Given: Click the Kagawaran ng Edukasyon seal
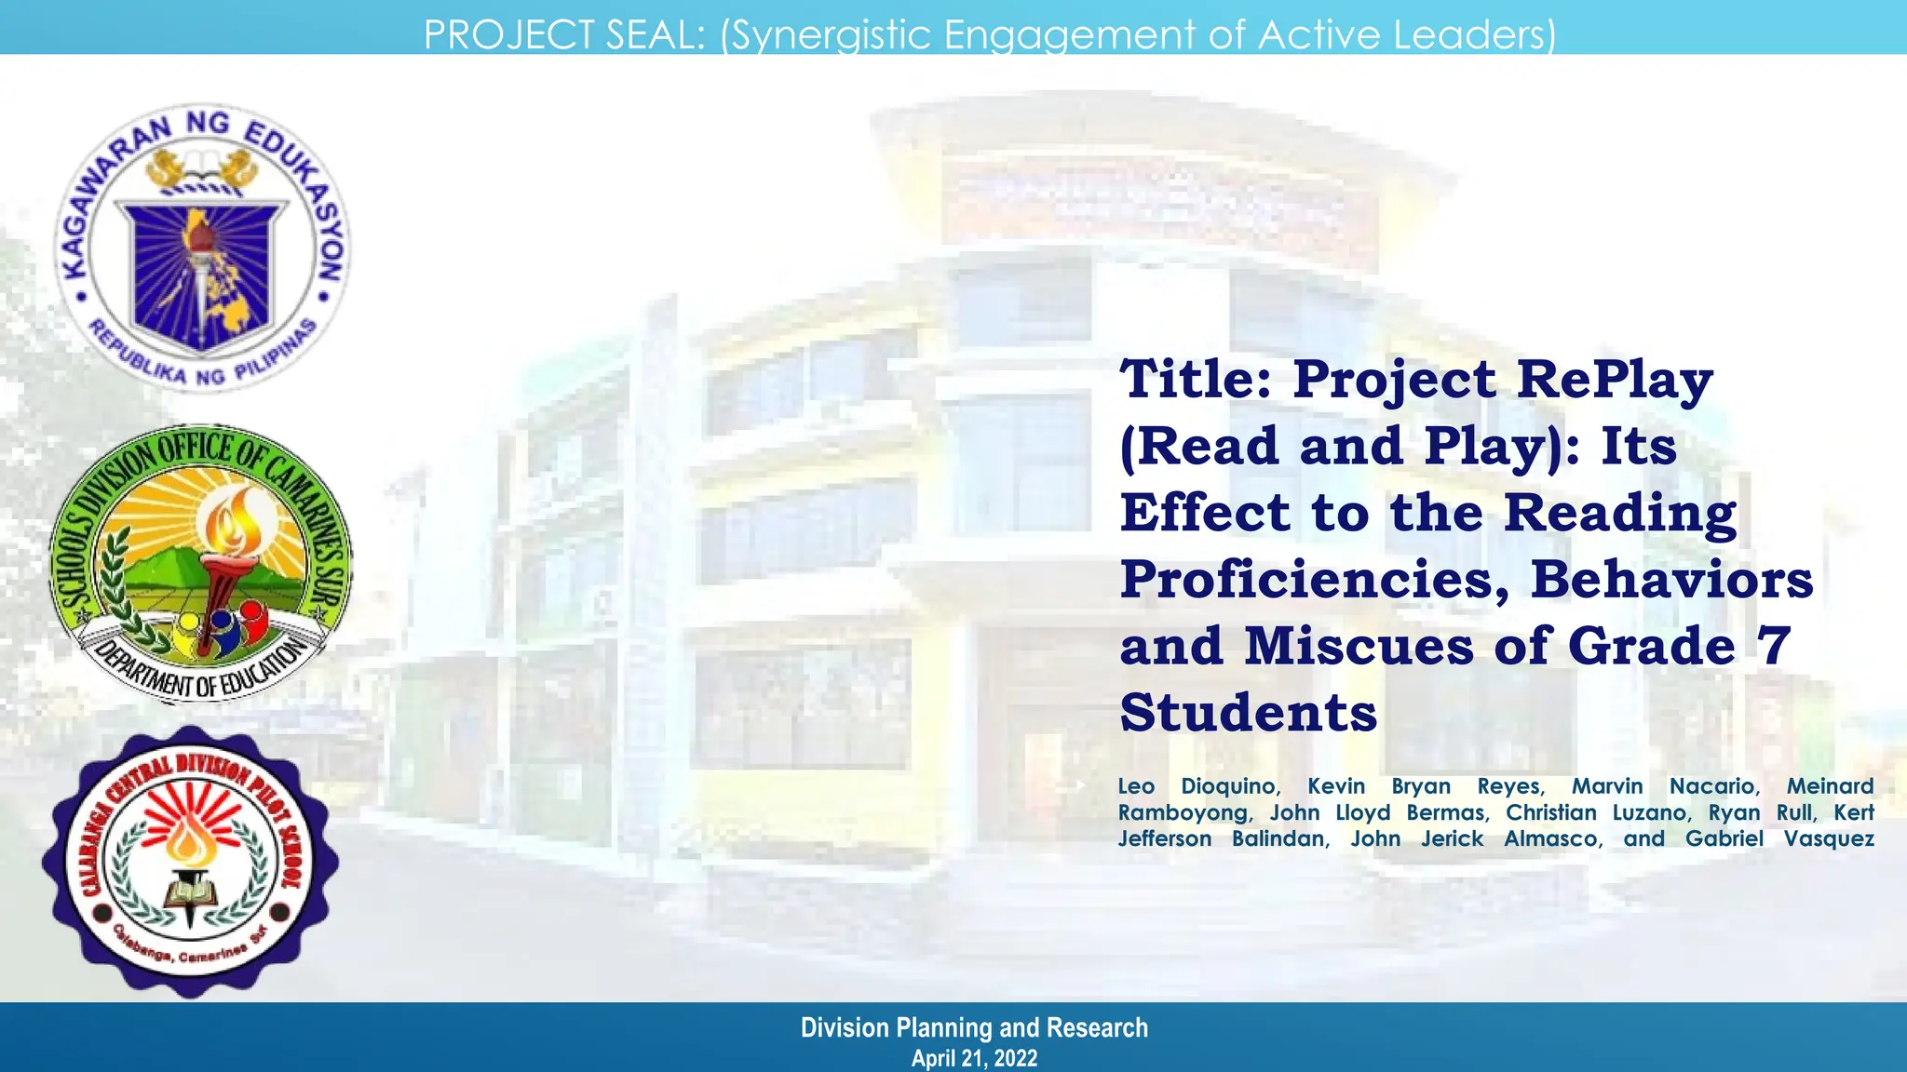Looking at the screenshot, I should pyautogui.click(x=202, y=247).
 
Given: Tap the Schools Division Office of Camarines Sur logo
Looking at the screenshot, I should pyautogui.click(x=200, y=563).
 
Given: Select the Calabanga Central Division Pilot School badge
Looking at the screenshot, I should pyautogui.click(x=191, y=861).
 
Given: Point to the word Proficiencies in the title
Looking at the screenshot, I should pyautogui.click(x=1314, y=581).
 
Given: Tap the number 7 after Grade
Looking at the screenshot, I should pyautogui.click(x=1775, y=645).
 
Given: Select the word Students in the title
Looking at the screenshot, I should pyautogui.click(x=1248, y=713).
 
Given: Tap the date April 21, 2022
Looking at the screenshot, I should pyautogui.click(x=973, y=1058).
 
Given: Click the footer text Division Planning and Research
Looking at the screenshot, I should pyautogui.click(x=974, y=1027).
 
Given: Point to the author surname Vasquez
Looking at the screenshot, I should pyautogui.click(x=1828, y=838).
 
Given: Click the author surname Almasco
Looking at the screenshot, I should pyautogui.click(x=1552, y=838).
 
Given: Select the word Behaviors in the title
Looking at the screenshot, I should pyautogui.click(x=1671, y=580).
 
